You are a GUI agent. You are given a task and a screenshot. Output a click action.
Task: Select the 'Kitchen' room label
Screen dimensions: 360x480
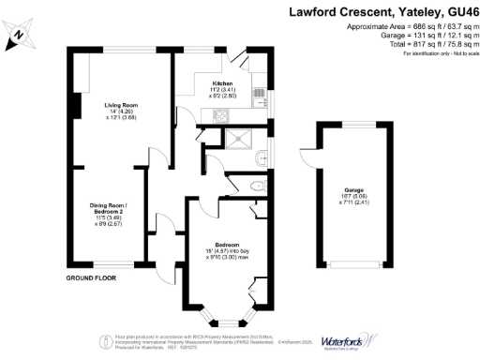[x=221, y=84]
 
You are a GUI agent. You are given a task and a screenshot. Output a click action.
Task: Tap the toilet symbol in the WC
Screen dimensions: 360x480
[x=256, y=187]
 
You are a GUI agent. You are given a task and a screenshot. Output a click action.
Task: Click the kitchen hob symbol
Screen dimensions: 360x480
[x=220, y=117]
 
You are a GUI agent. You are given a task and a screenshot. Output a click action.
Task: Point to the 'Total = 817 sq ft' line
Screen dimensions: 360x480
[x=416, y=43]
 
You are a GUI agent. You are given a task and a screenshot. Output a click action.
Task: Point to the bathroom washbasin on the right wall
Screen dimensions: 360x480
[x=266, y=155]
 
